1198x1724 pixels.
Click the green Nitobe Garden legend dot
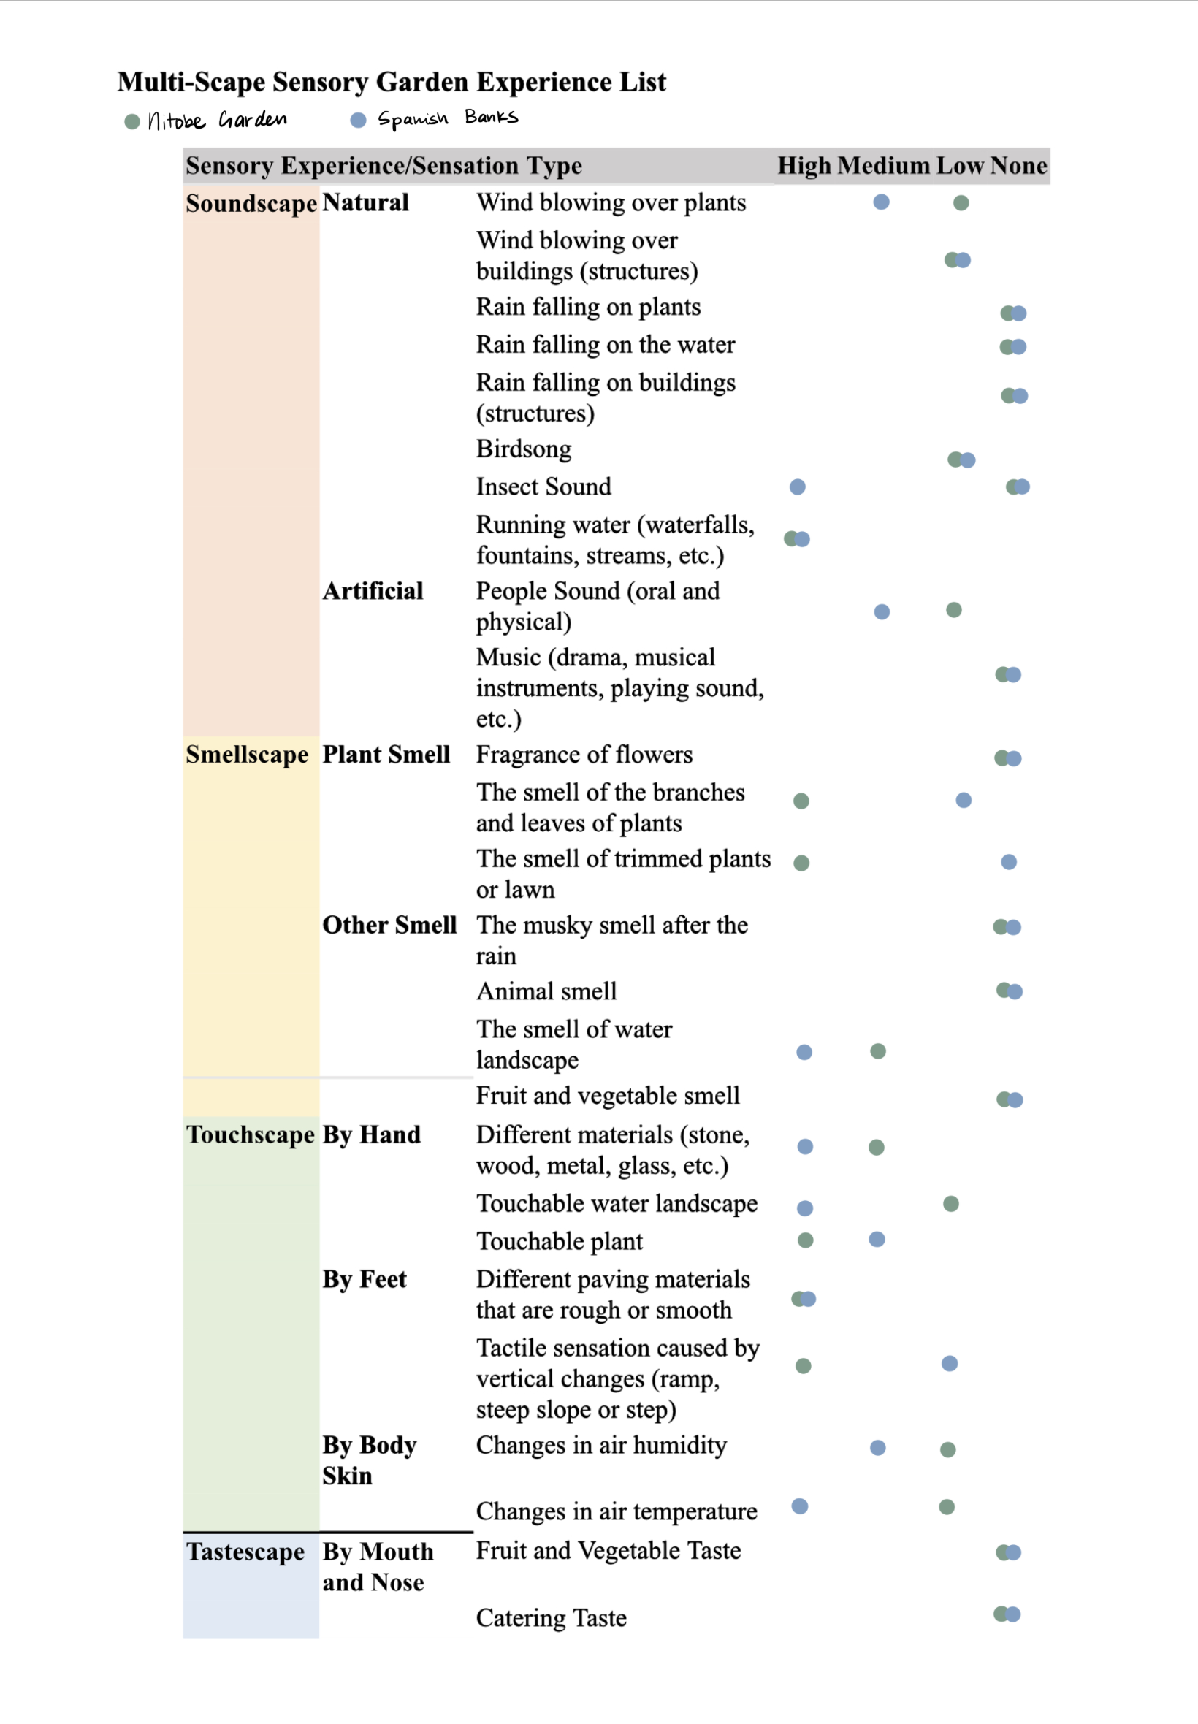pos(132,121)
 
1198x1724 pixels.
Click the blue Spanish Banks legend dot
pos(358,120)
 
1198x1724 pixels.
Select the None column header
pos(1018,165)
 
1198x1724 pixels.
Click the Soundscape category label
pos(251,203)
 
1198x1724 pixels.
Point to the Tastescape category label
pos(245,1551)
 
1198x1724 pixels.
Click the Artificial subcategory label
pos(373,591)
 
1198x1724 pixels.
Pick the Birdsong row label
pos(523,449)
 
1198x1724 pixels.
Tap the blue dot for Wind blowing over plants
pos(881,202)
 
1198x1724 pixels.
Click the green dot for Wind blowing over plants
pos(961,202)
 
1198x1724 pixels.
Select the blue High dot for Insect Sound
pos(797,487)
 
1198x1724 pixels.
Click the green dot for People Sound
pos(954,609)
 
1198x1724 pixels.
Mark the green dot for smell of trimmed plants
pos(801,863)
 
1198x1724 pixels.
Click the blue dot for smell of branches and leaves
pos(964,800)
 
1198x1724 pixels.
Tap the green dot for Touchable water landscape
pos(951,1204)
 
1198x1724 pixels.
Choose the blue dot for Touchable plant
pos(877,1239)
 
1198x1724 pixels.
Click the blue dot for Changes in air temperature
pos(800,1506)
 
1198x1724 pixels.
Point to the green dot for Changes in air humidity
pos(948,1449)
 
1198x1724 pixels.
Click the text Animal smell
pos(546,991)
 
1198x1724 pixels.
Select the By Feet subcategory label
pos(364,1279)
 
